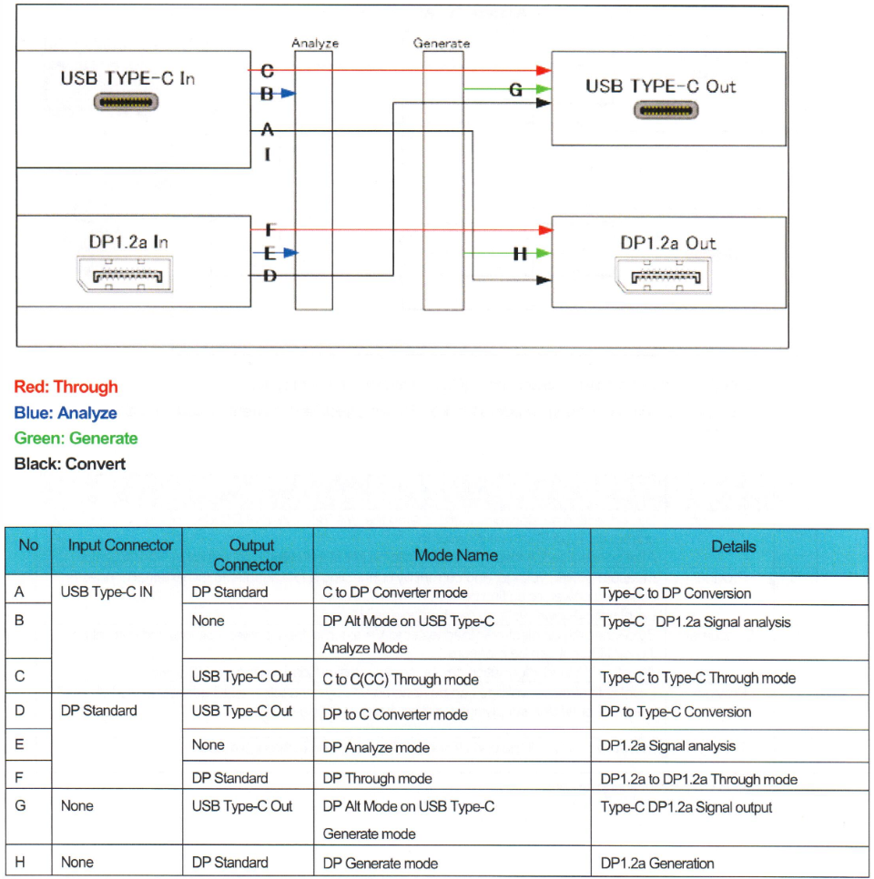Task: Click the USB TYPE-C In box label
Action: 127,78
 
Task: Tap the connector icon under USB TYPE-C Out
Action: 667,111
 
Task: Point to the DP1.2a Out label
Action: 668,243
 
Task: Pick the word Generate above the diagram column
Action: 442,43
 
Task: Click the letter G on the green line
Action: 515,90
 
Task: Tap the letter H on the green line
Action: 520,254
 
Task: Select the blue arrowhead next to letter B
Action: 289,92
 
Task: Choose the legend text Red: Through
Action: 66,387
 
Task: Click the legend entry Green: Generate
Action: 76,438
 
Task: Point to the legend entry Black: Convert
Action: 70,463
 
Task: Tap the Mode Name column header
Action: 452,554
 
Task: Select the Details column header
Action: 733,547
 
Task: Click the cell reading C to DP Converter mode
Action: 395,593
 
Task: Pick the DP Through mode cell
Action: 377,779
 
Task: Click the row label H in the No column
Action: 20,863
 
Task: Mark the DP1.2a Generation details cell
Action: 657,864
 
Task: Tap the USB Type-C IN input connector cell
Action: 107,592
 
